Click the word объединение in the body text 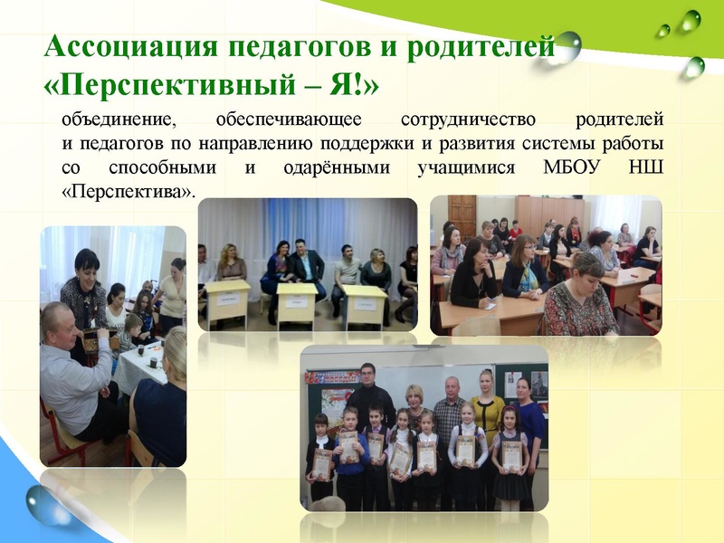[117, 120]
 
